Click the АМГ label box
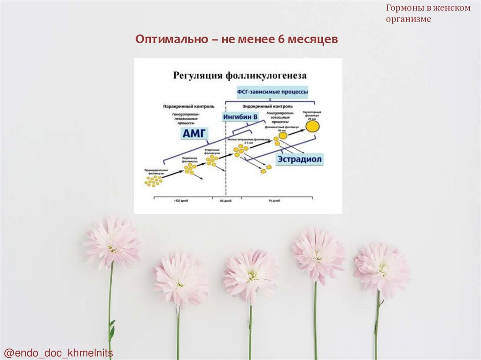point(194,133)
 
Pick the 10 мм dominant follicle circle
point(283,135)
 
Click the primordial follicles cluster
point(153,180)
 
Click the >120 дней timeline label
point(181,201)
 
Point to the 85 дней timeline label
point(226,201)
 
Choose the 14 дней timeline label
point(274,201)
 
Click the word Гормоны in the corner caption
point(402,8)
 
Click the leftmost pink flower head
point(112,241)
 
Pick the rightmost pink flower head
point(381,269)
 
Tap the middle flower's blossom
point(251,275)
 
